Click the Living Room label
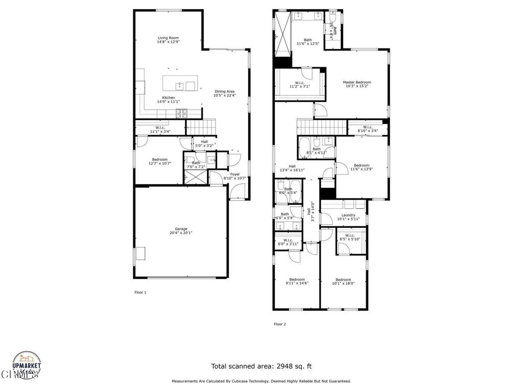point(168,38)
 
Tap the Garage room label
point(181,229)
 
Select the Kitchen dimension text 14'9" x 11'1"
point(168,102)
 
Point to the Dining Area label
point(224,91)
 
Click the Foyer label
point(235,175)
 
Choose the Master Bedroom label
point(356,82)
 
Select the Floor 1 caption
point(140,292)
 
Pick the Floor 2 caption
point(280,324)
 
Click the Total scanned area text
point(261,366)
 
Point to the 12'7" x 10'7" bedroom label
point(159,160)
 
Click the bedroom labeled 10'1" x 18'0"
point(343,280)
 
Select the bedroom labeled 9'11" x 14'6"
point(297,280)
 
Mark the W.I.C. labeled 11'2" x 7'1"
point(299,83)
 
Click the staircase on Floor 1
point(201,126)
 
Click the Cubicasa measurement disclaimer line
point(261,381)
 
